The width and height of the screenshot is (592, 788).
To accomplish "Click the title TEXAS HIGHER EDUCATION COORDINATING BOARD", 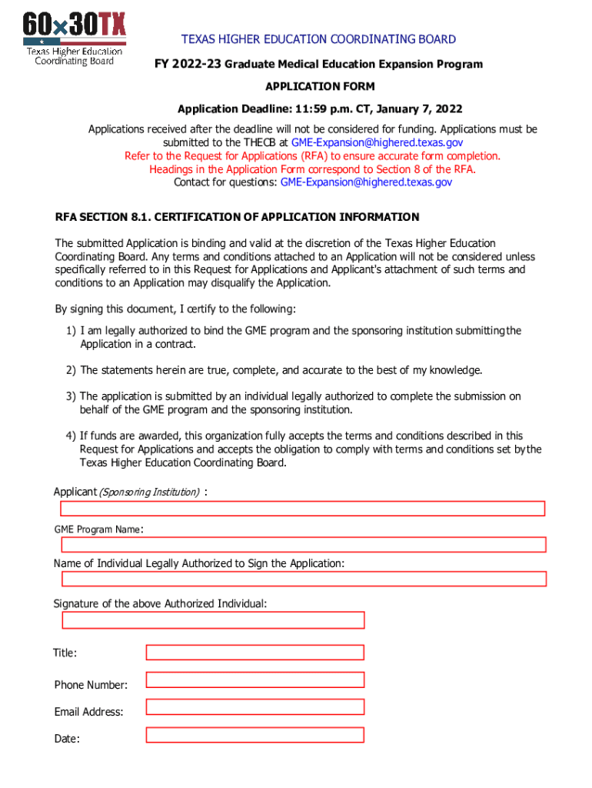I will click(x=318, y=39).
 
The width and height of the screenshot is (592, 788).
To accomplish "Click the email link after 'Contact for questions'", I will click(x=366, y=182).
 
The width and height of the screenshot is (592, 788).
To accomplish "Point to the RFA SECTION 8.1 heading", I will click(x=237, y=217).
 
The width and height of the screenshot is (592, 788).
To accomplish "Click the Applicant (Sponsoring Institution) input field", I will click(x=303, y=509).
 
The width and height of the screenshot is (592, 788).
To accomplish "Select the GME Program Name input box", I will click(x=303, y=545).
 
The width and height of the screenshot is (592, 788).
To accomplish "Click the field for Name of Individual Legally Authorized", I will click(x=303, y=579).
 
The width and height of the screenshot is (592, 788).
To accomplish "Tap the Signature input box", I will click(x=213, y=620).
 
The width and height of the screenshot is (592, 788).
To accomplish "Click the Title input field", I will click(x=254, y=653).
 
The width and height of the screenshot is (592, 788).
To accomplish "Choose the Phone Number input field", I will click(x=254, y=679).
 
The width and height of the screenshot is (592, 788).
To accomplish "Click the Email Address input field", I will click(x=254, y=706).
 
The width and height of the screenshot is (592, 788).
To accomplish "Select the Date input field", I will click(x=254, y=735).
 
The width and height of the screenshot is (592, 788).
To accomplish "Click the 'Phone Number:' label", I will click(x=91, y=685).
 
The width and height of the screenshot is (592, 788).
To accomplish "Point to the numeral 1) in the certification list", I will click(x=70, y=331).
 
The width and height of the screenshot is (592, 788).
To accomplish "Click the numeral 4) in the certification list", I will click(x=70, y=436).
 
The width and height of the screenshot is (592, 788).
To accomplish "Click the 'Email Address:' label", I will click(x=88, y=712).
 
